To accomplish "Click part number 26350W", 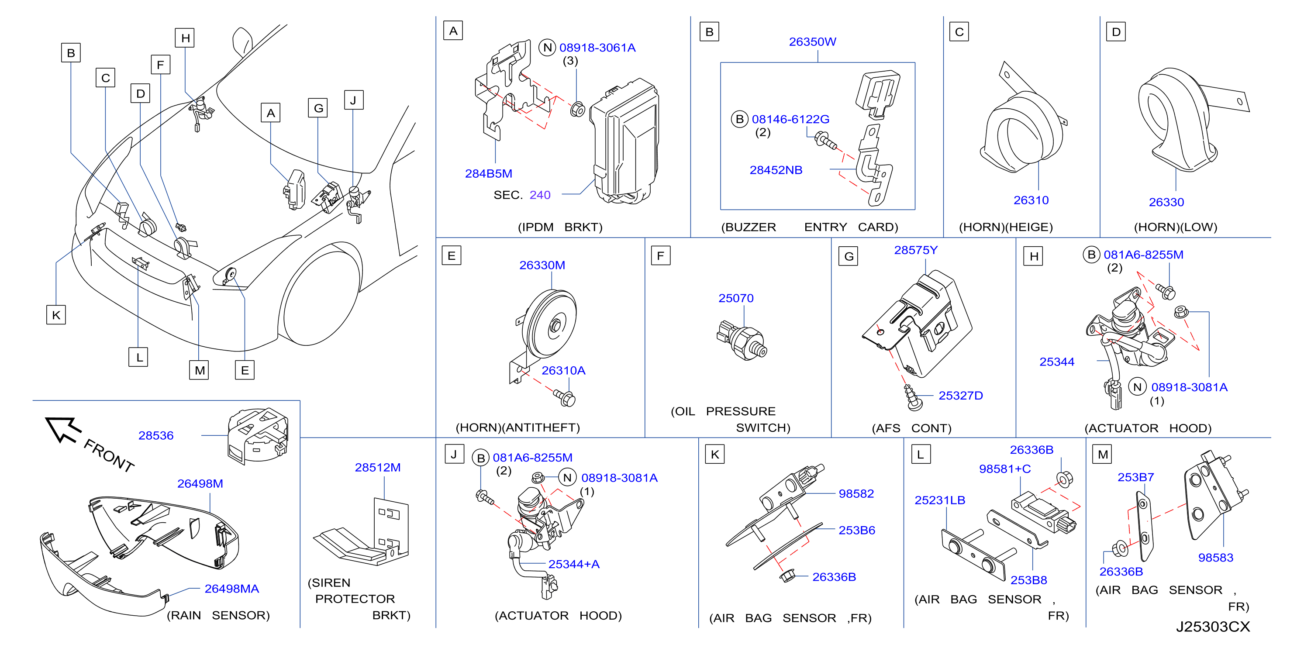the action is pyautogui.click(x=812, y=41).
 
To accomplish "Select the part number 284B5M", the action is pyautogui.click(x=489, y=174).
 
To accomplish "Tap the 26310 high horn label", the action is pyautogui.click(x=1031, y=200).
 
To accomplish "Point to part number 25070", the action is pyautogui.click(x=735, y=298).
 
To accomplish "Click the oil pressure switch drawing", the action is pyautogui.click(x=742, y=340).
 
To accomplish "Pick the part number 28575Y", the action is pyautogui.click(x=915, y=250).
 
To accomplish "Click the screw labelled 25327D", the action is pyautogui.click(x=913, y=397).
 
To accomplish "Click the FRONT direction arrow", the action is pyautogui.click(x=63, y=429).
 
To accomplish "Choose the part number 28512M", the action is pyautogui.click(x=377, y=467).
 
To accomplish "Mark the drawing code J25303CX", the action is pyautogui.click(x=1212, y=627).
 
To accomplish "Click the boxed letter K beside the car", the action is pyautogui.click(x=56, y=315).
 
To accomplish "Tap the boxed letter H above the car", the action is pyautogui.click(x=185, y=38).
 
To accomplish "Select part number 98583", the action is pyautogui.click(x=1215, y=557).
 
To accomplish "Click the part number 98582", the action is pyautogui.click(x=856, y=493).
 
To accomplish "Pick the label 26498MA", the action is pyautogui.click(x=231, y=589).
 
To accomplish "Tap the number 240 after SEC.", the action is pyautogui.click(x=540, y=195).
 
